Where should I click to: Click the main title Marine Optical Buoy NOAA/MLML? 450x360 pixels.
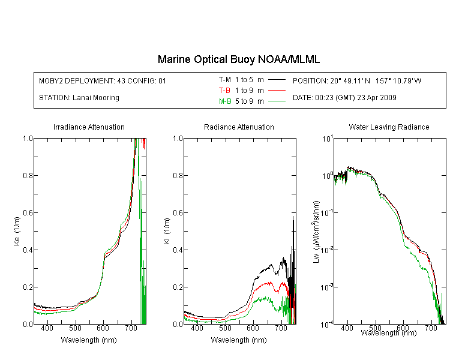[238, 59]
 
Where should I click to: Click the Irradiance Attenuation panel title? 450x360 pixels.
[89, 127]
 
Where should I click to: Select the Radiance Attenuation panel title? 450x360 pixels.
[239, 127]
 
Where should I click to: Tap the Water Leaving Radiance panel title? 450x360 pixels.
[389, 127]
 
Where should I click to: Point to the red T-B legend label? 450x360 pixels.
[225, 91]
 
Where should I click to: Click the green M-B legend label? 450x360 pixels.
[225, 101]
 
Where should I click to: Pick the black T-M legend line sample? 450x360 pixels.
[277, 80]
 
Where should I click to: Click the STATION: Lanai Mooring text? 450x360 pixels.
[79, 98]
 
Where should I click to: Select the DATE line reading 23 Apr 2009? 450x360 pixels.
[344, 98]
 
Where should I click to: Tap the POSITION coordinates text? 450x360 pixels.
[357, 80]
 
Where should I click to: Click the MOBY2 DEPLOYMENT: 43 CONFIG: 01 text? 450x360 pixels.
[103, 80]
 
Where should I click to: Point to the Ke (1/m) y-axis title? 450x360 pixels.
[17, 231]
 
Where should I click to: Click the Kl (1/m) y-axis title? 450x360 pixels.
[167, 231]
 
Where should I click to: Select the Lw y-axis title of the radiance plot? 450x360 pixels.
[316, 232]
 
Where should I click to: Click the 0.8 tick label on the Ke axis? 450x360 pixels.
[28, 175]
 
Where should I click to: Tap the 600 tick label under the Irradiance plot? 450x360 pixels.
[103, 328]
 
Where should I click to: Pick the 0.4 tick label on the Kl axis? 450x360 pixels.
[178, 250]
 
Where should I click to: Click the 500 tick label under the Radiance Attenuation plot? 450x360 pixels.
[225, 328]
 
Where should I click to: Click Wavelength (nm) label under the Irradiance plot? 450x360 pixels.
[89, 340]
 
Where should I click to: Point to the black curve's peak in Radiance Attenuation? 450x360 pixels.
[293, 216]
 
